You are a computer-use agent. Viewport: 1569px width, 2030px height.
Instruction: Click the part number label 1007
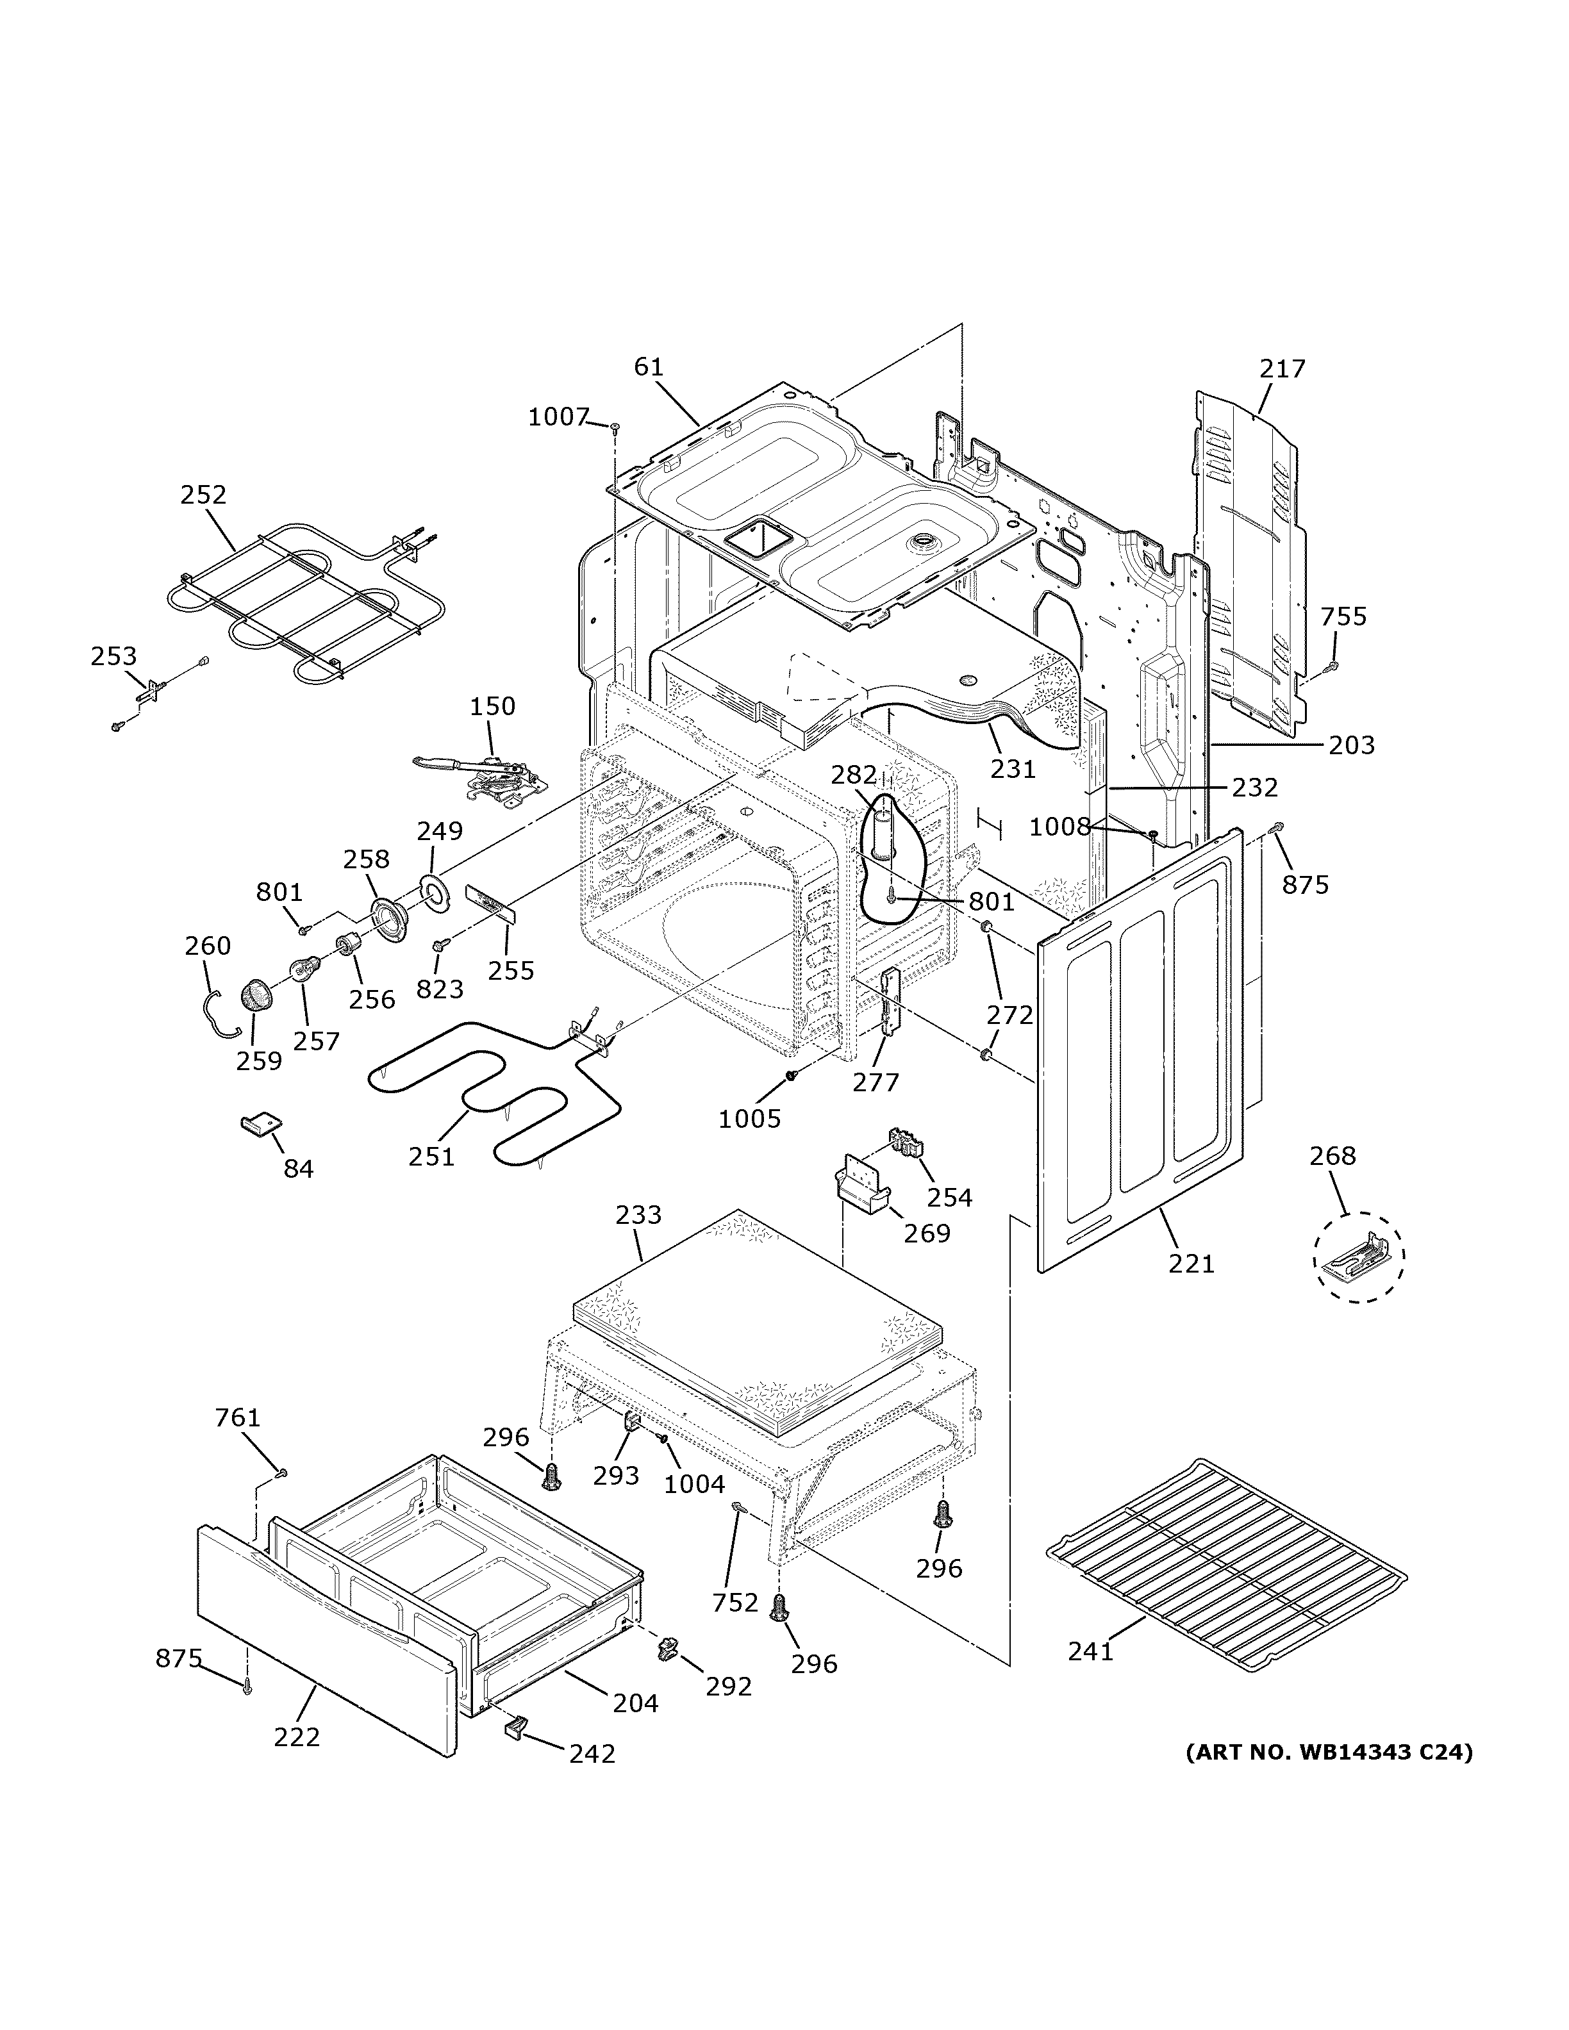click(559, 417)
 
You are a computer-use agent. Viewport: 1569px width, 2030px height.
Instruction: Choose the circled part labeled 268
click(1359, 1256)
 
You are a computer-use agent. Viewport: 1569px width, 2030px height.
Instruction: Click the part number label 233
click(638, 1215)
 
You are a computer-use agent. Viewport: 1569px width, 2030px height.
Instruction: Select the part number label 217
click(1283, 369)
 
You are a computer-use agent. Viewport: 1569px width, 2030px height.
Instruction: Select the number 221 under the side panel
click(1191, 1264)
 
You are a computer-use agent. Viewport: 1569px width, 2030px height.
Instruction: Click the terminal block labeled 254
click(907, 1143)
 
